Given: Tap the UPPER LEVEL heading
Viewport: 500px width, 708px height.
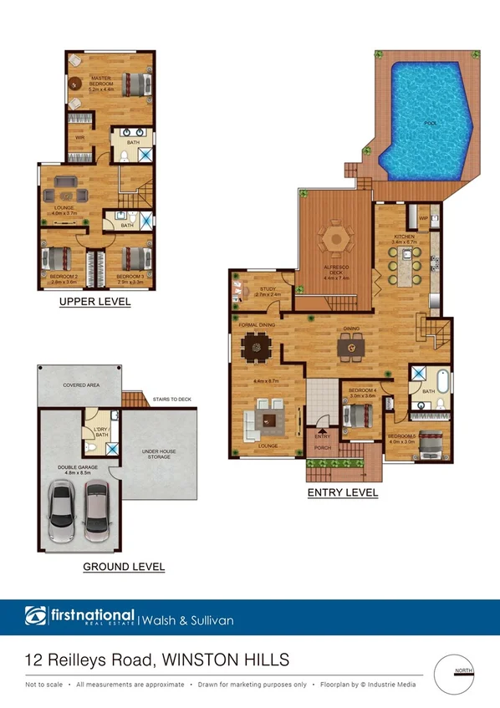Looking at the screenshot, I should click(x=94, y=302).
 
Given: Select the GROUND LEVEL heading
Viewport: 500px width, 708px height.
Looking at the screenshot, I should click(x=124, y=567).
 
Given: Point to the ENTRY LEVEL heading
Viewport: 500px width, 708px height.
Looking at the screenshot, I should click(x=343, y=492).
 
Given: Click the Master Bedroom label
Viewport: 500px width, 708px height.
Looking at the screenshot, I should click(x=101, y=81).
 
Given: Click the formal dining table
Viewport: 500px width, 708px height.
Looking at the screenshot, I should click(x=254, y=344).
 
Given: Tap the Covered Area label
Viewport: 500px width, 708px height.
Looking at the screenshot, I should click(x=81, y=385).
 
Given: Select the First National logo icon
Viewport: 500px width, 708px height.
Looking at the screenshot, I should click(x=34, y=619).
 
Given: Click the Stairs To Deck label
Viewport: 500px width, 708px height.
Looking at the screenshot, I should click(x=173, y=400).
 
